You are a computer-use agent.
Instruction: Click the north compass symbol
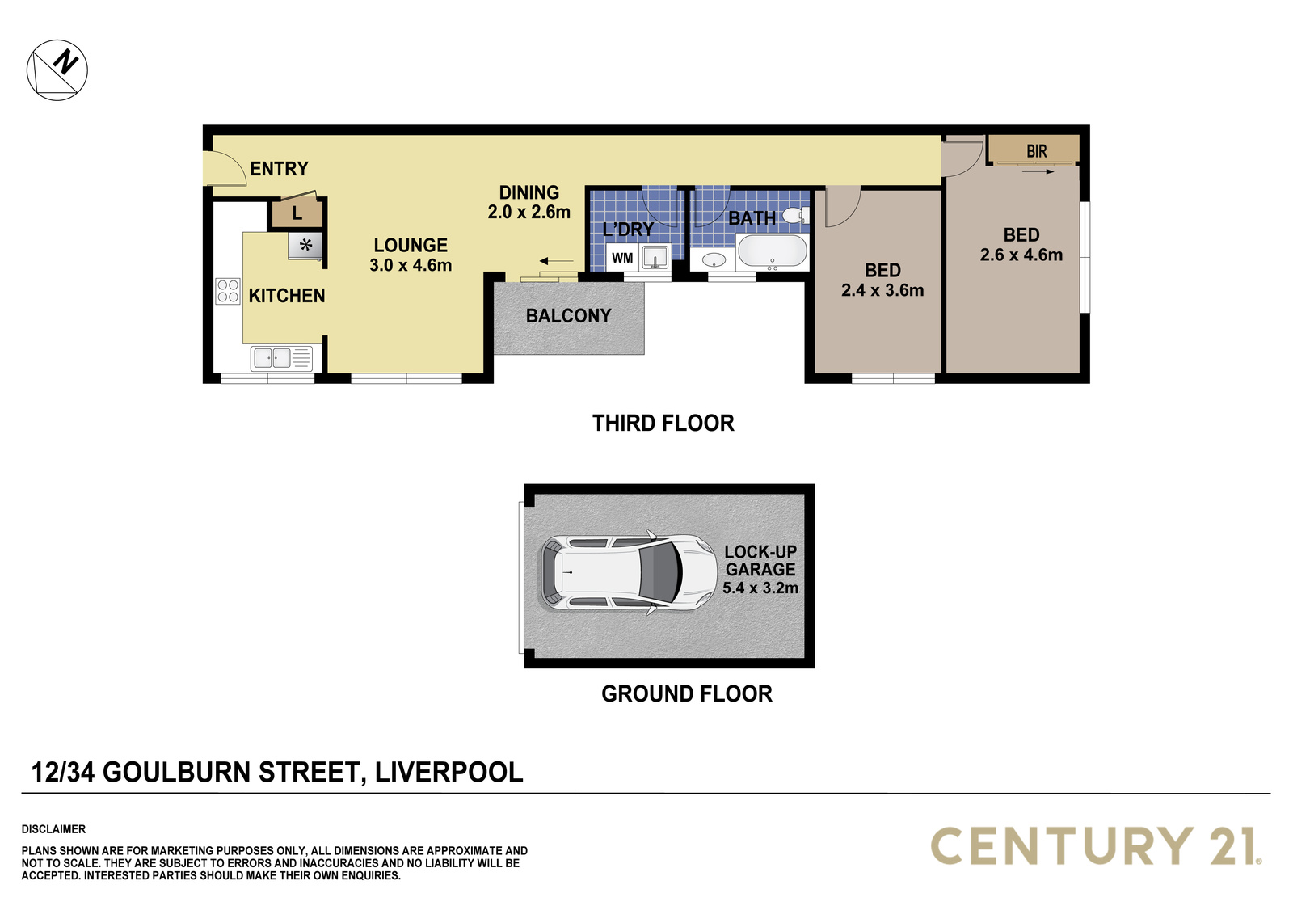pos(57,70)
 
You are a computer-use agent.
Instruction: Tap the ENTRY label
pos(279,169)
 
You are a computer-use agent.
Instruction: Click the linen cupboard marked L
pos(297,213)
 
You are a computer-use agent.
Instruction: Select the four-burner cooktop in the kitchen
pos(227,291)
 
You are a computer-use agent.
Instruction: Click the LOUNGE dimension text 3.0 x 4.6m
pos(411,265)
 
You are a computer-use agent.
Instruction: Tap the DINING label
pos(529,192)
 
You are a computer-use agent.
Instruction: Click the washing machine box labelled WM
pos(621,258)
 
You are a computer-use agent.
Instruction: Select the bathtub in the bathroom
pos(772,251)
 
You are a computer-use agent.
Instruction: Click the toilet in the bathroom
pos(795,215)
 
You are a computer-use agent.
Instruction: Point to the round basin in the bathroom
pos(714,260)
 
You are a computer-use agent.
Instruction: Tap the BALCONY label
pos(568,316)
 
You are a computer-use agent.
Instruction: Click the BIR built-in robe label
pos(1036,151)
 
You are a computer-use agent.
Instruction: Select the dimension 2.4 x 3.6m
pos(882,290)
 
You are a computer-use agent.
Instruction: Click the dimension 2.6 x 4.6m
pos(1021,255)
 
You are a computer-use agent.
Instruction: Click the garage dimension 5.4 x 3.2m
pos(760,588)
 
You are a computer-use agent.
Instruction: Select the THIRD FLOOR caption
pos(663,424)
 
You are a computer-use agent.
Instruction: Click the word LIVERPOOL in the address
pos(449,772)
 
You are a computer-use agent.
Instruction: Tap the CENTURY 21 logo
pos(1096,846)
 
